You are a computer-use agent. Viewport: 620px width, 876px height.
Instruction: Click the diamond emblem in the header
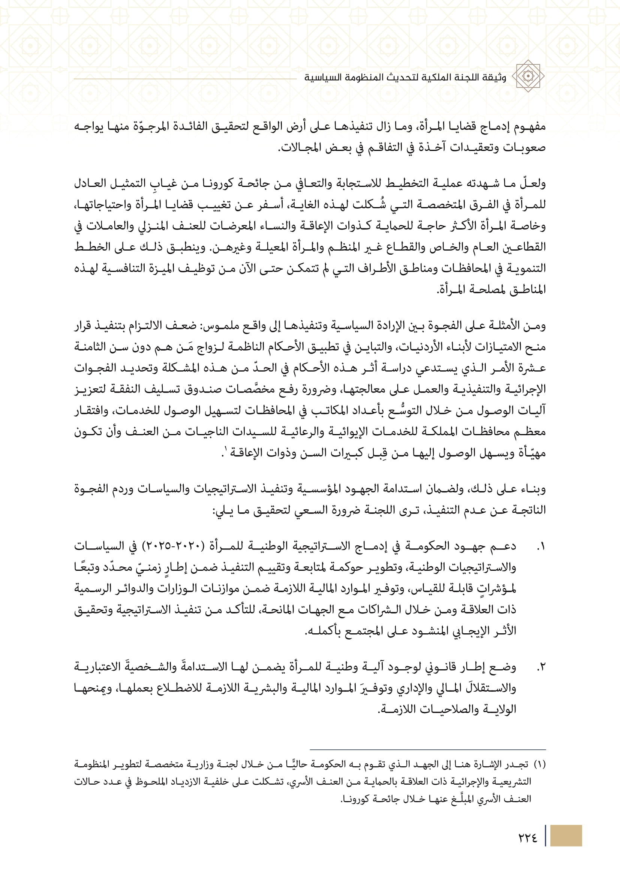click(528, 76)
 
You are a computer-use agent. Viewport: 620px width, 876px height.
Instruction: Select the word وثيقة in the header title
click(495, 78)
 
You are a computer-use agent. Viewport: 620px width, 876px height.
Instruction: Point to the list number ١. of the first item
click(541, 547)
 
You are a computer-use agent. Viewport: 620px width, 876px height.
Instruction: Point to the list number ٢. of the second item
click(541, 667)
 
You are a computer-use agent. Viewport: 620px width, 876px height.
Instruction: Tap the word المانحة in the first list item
click(274, 609)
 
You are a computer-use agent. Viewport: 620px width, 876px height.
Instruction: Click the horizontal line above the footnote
click(428, 749)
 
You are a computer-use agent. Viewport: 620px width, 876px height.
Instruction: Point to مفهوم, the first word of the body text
click(530, 126)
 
